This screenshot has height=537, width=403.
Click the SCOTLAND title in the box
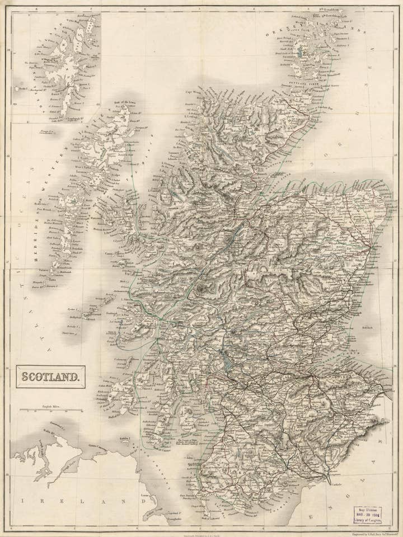pyautogui.click(x=50, y=377)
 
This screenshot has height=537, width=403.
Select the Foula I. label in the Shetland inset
pyautogui.click(x=22, y=88)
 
